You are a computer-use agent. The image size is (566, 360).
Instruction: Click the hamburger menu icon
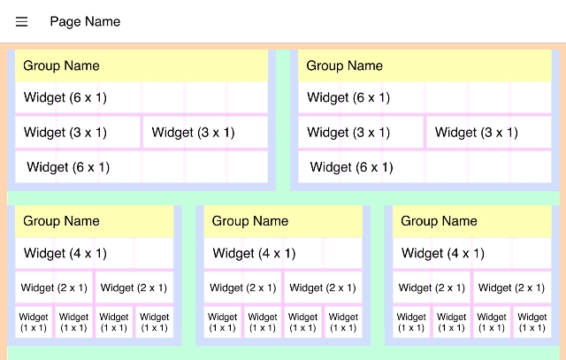22,22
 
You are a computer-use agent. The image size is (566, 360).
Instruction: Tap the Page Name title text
85,22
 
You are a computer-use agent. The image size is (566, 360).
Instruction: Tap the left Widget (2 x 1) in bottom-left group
54,287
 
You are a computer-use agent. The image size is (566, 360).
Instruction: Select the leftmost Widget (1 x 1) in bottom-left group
34,322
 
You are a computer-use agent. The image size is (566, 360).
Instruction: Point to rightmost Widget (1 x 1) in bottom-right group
532,322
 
